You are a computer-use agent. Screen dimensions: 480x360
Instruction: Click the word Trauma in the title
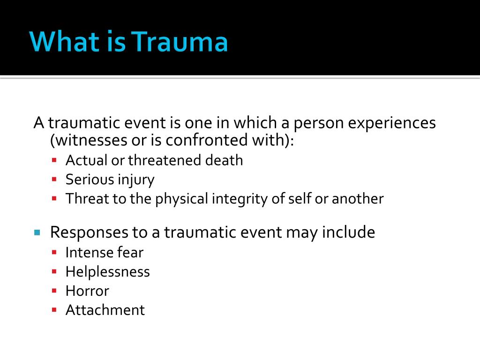point(180,41)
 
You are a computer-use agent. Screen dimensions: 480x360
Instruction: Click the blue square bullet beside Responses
point(37,232)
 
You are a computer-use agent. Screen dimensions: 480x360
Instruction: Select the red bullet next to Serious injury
point(54,179)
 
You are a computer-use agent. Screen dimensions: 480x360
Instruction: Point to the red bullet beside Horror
point(54,291)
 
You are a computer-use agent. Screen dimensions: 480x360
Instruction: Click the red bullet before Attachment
point(54,310)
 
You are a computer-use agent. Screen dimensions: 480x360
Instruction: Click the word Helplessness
point(108,271)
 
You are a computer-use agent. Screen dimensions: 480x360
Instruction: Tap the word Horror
point(87,291)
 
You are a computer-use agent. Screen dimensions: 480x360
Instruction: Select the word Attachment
point(105,310)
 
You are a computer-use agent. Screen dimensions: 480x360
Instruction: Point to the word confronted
point(207,140)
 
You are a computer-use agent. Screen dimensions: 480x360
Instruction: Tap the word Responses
point(89,232)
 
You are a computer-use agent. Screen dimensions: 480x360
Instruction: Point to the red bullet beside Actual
point(54,160)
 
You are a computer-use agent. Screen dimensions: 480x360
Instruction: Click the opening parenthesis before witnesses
point(52,141)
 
